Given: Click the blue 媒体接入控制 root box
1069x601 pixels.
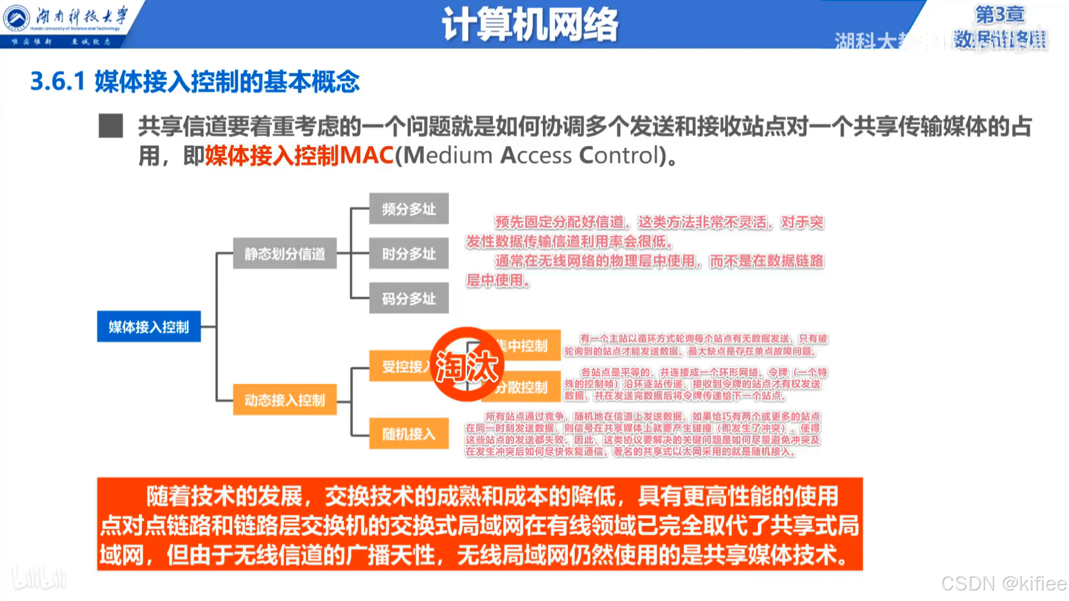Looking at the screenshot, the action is (x=149, y=327).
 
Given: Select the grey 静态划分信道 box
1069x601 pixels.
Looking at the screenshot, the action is (x=285, y=254).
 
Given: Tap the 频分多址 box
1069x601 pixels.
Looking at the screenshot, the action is (x=409, y=209).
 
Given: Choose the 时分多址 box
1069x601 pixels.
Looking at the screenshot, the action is (x=409, y=254).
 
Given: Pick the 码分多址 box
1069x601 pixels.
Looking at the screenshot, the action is (x=409, y=299).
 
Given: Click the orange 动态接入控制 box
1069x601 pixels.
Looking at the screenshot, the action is (x=285, y=400).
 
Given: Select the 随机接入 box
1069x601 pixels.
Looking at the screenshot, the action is (x=409, y=433).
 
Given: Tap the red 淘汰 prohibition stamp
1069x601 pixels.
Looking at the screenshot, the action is (x=467, y=365).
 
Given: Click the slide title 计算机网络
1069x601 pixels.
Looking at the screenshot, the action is (x=529, y=24).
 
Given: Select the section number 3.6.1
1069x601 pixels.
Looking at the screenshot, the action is (x=57, y=81).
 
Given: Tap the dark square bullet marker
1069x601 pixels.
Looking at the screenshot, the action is (x=111, y=126).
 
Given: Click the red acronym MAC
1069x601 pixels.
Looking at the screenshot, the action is (x=366, y=155).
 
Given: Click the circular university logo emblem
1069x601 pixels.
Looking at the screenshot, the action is (x=17, y=18).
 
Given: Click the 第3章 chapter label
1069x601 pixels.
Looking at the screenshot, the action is (x=999, y=14).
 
